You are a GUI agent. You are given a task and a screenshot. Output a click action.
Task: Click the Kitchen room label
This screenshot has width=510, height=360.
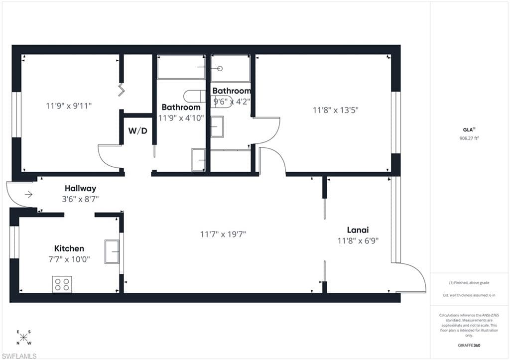(69, 248)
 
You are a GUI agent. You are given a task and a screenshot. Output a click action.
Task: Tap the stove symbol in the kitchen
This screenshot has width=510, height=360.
(62, 284)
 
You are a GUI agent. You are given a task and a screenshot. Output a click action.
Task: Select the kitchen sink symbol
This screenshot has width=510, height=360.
(112, 251)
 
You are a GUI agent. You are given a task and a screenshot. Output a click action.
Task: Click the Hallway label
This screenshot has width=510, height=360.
(80, 189)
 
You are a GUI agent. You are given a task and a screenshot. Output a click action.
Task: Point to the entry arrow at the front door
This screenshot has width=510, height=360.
(28, 195)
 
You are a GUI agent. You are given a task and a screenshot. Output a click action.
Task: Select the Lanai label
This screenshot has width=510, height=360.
(358, 230)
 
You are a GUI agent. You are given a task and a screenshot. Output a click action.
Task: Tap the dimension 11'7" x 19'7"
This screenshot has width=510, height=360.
(223, 234)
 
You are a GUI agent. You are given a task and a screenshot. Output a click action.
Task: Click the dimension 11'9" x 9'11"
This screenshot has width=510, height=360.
(69, 106)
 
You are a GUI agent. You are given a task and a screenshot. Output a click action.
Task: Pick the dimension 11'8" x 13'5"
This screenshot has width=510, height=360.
(336, 111)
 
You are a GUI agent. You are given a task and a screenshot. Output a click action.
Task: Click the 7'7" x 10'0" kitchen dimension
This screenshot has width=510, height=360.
(69, 259)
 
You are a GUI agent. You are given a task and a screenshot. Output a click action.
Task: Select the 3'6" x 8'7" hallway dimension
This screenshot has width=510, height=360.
(80, 199)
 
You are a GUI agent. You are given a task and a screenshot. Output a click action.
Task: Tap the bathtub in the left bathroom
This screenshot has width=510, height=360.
(181, 67)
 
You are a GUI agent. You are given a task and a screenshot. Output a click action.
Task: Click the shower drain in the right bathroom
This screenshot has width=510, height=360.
(220, 68)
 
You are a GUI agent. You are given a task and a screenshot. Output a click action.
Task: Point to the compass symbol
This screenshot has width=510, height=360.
(23, 337)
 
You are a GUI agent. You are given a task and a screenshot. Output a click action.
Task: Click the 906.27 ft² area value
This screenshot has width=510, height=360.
(469, 138)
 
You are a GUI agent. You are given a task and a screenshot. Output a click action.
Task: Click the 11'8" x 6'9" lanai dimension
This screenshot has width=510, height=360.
(358, 240)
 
